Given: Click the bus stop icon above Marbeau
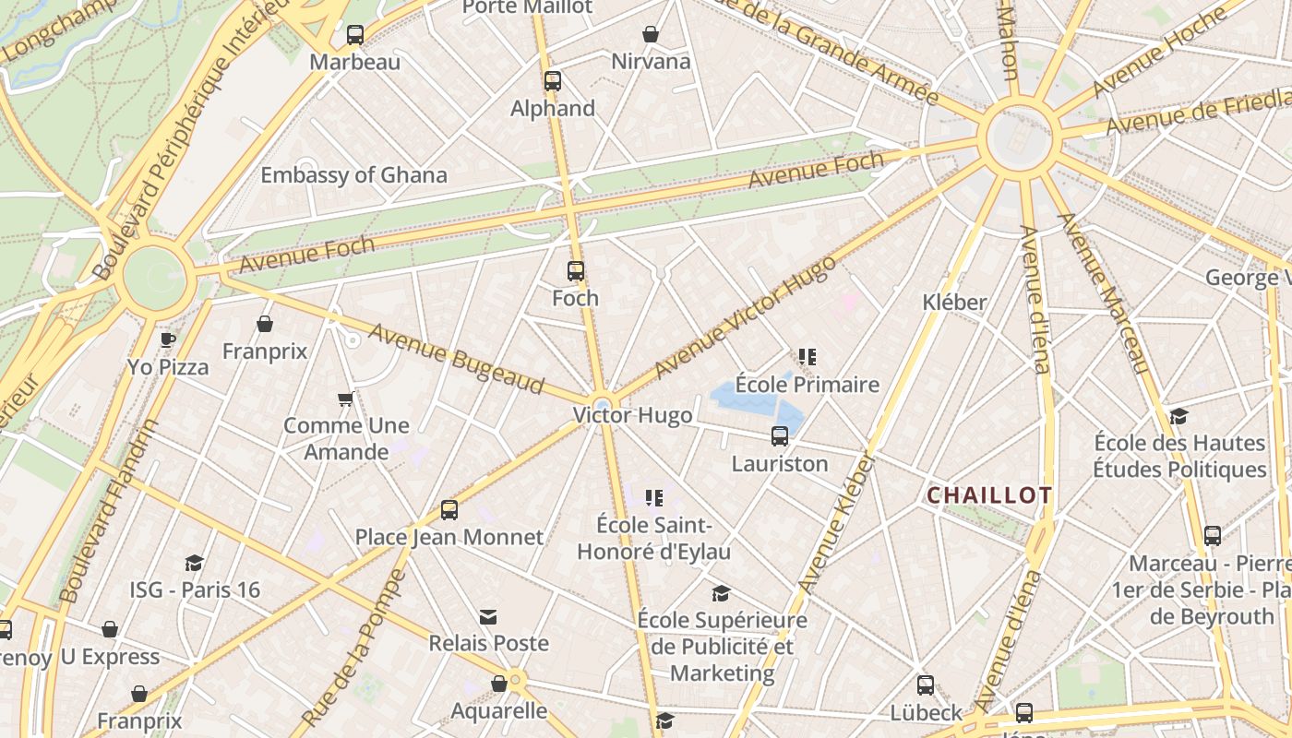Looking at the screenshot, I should click(x=355, y=35).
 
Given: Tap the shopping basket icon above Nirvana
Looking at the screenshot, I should click(x=651, y=34).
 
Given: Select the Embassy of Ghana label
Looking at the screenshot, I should click(x=353, y=175).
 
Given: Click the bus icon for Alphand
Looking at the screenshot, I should click(x=553, y=81).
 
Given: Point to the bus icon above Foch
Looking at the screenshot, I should click(x=576, y=271).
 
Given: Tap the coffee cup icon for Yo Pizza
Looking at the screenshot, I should click(x=168, y=339).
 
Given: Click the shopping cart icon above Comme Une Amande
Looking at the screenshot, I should click(x=346, y=399).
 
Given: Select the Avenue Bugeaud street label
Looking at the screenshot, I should click(x=456, y=358).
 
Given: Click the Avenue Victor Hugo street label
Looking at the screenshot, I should click(x=745, y=316).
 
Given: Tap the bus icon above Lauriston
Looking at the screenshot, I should click(x=780, y=436).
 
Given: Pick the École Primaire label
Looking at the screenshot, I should click(x=807, y=385).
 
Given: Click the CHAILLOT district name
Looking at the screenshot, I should click(x=989, y=495).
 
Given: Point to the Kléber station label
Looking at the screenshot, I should click(x=955, y=302).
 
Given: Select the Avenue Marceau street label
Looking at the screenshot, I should click(x=1104, y=292).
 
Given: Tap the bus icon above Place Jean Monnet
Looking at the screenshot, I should click(x=449, y=510).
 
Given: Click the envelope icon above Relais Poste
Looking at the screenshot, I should click(x=488, y=616).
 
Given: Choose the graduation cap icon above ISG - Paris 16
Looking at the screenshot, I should click(x=194, y=563).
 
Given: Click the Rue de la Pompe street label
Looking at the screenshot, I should click(x=354, y=647).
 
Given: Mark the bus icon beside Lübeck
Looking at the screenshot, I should click(x=926, y=685).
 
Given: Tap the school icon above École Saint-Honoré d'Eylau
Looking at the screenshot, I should click(x=654, y=498).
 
